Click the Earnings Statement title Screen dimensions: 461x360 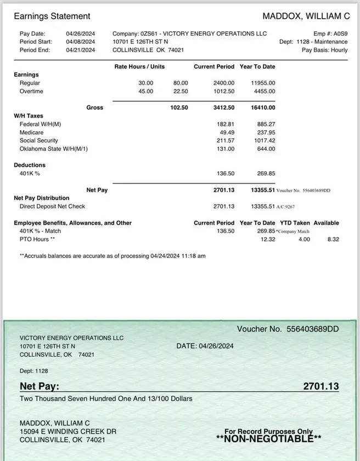52,16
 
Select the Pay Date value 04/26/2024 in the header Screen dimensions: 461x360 81,33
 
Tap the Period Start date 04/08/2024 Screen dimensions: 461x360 81,42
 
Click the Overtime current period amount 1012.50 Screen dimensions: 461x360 224,91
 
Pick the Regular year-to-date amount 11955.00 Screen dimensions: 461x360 263,83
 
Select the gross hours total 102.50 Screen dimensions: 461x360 179,108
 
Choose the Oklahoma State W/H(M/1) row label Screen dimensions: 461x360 54,149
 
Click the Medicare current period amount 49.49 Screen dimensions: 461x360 227,132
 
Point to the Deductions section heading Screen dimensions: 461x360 30,165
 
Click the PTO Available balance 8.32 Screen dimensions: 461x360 333,239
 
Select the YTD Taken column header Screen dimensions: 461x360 294,223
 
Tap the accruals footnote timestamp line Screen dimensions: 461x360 113,256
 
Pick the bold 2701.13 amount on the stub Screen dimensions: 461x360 321,386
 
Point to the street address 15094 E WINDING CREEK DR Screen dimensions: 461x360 68,431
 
